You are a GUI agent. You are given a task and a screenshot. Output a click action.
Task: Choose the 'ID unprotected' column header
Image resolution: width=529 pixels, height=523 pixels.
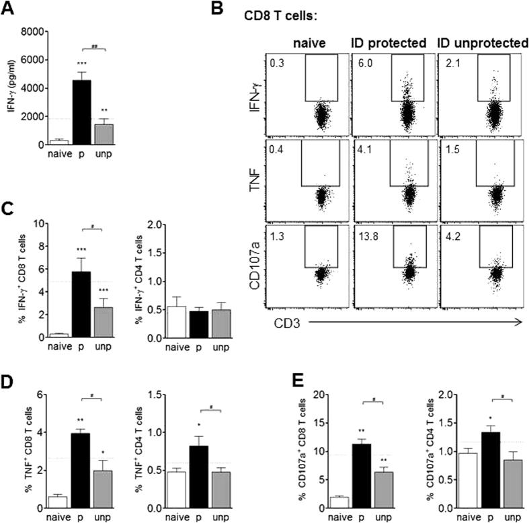[x=481, y=43]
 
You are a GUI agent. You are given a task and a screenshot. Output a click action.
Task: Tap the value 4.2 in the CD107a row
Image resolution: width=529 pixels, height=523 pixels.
[x=451, y=233]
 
